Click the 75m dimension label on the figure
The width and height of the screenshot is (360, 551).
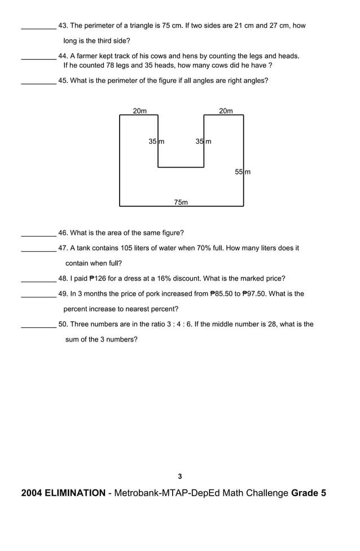tap(181, 202)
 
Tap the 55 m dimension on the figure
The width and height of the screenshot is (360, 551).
tap(243, 172)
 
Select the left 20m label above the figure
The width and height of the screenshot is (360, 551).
tap(139, 111)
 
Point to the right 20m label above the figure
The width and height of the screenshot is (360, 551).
tap(226, 111)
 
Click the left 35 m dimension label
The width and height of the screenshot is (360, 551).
tap(156, 141)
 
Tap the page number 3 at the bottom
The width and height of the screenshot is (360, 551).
tap(180, 476)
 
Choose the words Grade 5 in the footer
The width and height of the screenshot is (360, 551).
tap(309, 493)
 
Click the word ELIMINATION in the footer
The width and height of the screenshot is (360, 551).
tap(74, 493)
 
